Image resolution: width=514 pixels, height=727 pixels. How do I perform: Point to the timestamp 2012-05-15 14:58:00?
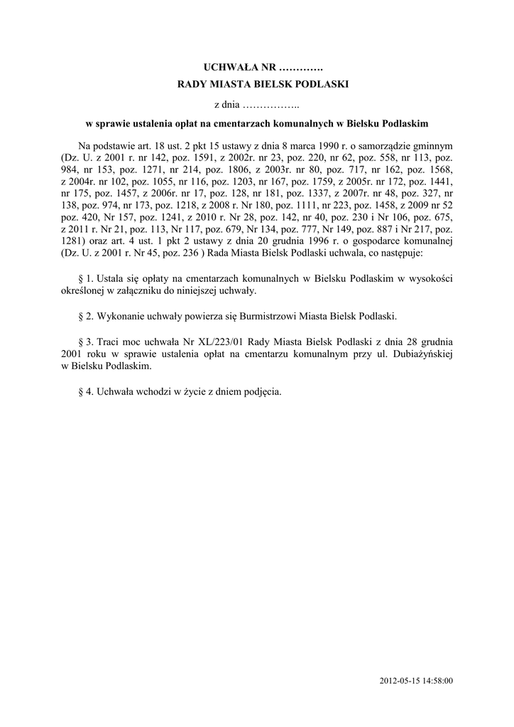417,681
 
